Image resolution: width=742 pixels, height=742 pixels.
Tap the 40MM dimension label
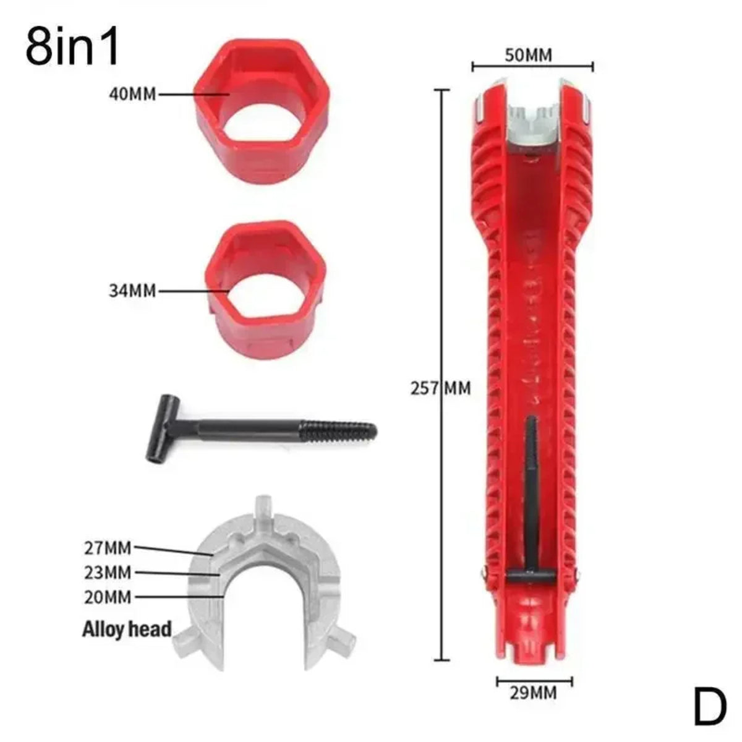(x=132, y=95)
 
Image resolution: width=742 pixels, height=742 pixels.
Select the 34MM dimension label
(x=132, y=290)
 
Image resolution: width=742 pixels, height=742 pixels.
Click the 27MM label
(x=108, y=547)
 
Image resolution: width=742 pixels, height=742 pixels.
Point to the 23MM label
(x=108, y=573)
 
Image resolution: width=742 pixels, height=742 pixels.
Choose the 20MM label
(x=108, y=597)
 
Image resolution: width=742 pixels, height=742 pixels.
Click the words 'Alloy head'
(x=127, y=629)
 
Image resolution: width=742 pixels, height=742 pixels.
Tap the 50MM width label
(x=528, y=55)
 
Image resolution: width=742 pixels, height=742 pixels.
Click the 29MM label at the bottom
(x=533, y=693)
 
